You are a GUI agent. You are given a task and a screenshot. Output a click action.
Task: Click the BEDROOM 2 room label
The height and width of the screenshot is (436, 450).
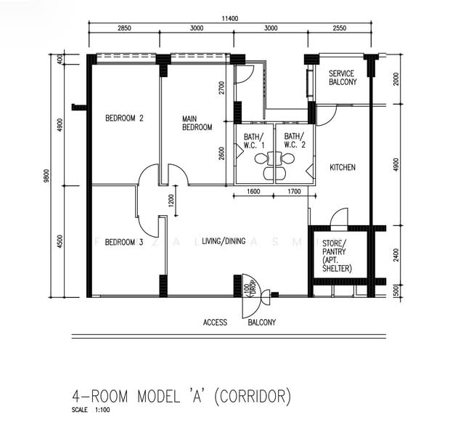point(123,118)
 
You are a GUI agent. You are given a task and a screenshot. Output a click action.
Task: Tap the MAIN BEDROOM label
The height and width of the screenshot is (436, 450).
point(197,123)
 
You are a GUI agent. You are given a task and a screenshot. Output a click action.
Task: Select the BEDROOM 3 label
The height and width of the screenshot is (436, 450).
point(123,242)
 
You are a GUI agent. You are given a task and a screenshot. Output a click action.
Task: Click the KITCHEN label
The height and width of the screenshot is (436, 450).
point(343,168)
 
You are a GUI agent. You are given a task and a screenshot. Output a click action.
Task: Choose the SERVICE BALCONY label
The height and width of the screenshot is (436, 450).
point(343,78)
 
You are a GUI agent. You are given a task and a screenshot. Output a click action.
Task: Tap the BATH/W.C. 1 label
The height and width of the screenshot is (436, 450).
point(254,140)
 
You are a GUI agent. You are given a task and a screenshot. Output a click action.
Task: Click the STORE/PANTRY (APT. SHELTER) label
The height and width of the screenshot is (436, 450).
point(337,255)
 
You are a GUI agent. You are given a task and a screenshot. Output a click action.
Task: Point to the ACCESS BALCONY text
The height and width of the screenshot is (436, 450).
point(240,322)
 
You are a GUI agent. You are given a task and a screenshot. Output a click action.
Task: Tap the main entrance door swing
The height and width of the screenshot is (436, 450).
point(251,284)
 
